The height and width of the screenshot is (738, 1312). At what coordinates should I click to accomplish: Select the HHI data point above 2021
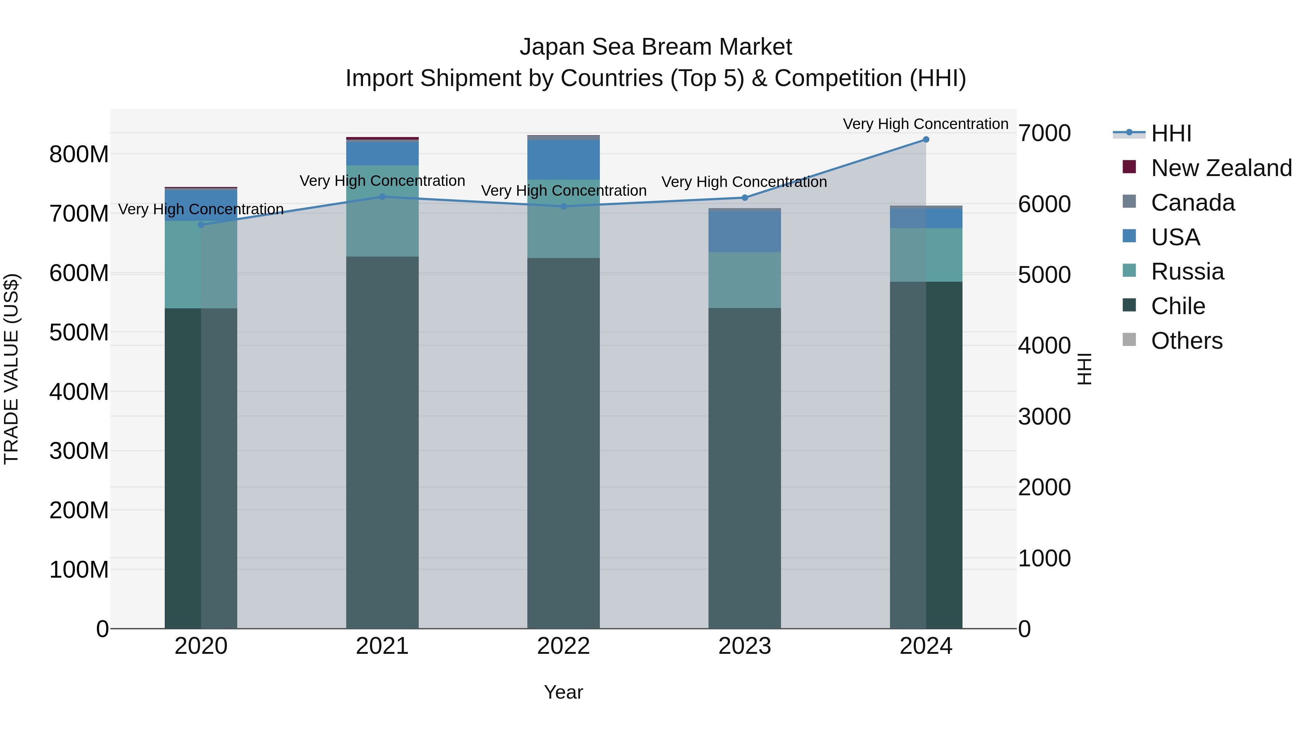coord(382,196)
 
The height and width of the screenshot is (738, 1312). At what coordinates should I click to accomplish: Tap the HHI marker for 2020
coord(201,224)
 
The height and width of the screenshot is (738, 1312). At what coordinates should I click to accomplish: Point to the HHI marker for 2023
coord(745,198)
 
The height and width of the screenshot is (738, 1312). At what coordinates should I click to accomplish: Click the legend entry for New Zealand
coord(1221,168)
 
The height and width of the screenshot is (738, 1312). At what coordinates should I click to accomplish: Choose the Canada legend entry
coord(1192,203)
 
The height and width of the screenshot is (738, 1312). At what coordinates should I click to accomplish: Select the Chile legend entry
coord(1178,306)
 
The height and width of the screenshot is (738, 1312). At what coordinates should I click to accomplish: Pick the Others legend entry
coord(1186,341)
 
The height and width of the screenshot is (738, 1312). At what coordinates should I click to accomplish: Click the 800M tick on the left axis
coord(79,154)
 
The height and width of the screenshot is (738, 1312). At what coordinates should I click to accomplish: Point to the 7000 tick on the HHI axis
coord(1044,133)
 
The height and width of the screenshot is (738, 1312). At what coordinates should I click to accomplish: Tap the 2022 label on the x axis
coord(563,646)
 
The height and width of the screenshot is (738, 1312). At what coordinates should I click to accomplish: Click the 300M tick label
coord(79,451)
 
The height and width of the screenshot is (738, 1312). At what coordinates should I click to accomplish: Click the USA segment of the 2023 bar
coord(745,232)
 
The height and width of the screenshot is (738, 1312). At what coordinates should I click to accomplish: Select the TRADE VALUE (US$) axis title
coord(11,369)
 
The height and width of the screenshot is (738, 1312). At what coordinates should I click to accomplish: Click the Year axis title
coord(563,692)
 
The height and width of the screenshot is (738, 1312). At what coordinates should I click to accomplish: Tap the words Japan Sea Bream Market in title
coord(656,47)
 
